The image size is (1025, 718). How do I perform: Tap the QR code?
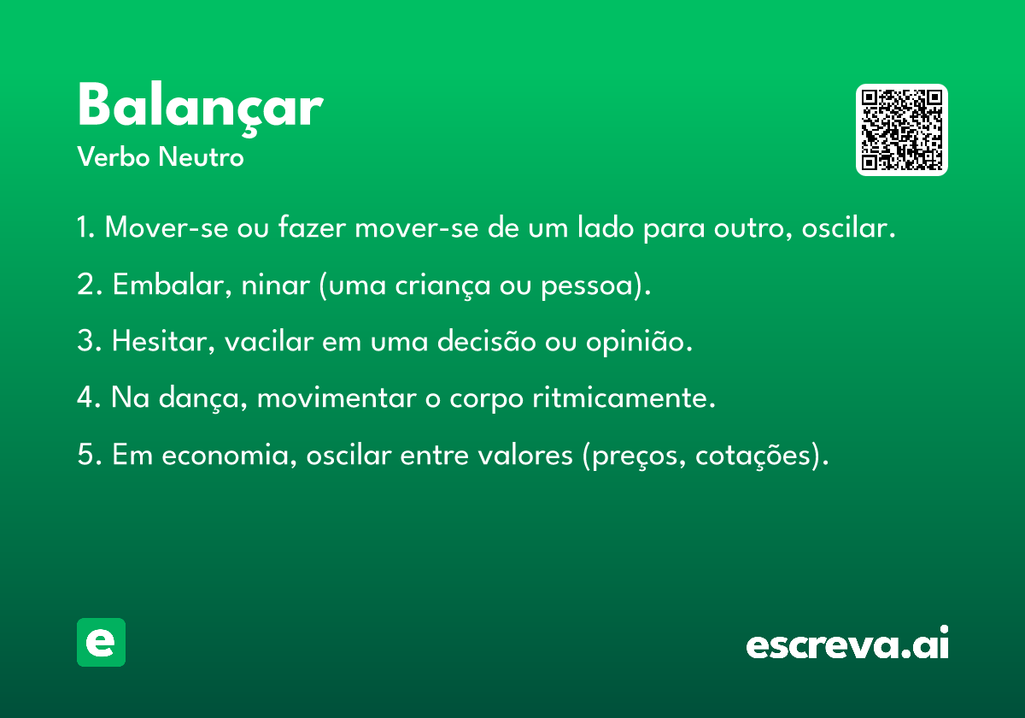901,130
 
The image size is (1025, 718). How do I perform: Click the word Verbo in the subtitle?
114,157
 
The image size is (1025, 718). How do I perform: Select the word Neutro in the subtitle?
201,157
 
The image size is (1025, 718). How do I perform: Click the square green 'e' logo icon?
101,642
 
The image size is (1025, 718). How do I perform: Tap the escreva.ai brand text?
847,643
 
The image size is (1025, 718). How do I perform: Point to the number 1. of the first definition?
86,227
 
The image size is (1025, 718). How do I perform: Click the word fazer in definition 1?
312,227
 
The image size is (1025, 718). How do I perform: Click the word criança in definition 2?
442,285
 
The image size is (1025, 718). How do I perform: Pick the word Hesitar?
163,342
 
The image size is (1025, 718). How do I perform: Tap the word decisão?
486,341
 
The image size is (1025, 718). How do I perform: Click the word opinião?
639,343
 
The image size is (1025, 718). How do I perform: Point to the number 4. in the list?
89,397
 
